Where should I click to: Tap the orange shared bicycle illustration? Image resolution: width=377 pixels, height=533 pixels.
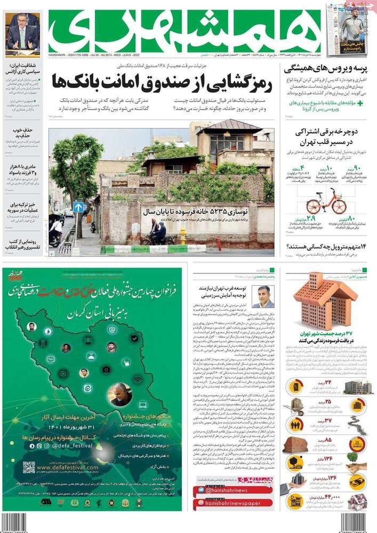click(x=325, y=201)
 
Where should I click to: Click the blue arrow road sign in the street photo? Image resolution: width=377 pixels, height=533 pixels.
click(x=78, y=207)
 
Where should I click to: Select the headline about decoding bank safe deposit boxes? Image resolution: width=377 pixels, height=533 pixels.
click(x=163, y=83)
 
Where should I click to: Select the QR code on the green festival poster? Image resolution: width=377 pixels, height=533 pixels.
click(x=29, y=467)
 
